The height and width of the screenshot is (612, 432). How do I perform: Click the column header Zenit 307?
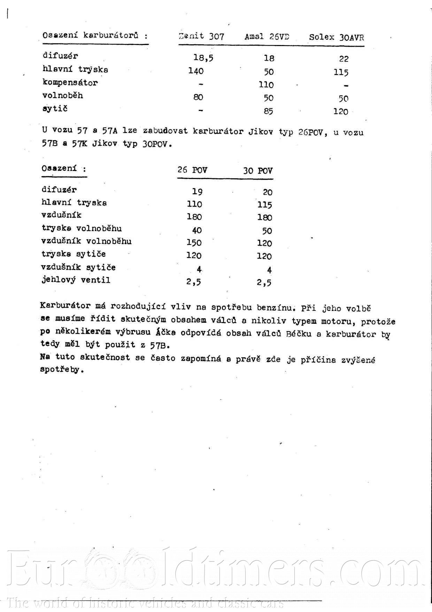point(201,36)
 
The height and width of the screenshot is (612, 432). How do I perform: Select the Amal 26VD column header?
point(267,37)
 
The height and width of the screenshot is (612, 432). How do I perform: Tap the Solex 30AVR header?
point(336,37)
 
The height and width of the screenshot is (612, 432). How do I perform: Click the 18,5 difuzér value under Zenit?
point(203,58)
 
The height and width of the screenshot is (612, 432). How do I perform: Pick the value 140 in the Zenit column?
point(196,71)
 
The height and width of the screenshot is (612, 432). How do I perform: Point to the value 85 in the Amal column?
point(268,111)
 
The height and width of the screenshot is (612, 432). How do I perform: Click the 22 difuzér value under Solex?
point(344,59)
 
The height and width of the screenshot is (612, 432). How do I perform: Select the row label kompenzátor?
point(70,82)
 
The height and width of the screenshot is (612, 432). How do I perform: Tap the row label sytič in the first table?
point(55,109)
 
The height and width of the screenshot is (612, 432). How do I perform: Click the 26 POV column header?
point(192,170)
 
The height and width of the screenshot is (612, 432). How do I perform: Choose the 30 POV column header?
point(258,171)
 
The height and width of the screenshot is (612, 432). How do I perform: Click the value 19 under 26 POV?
point(197,191)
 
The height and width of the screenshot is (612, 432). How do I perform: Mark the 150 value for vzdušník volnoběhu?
point(194,242)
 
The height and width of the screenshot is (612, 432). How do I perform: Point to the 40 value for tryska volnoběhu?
point(197,230)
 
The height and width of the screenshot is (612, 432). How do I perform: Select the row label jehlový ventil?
point(76,280)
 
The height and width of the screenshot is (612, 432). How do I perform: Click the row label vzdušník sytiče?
point(78,267)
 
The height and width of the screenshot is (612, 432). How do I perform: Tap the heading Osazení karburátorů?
point(95,35)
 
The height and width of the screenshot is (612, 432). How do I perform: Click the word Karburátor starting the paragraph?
point(65,306)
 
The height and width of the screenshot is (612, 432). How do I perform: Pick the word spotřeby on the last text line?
point(61,370)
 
